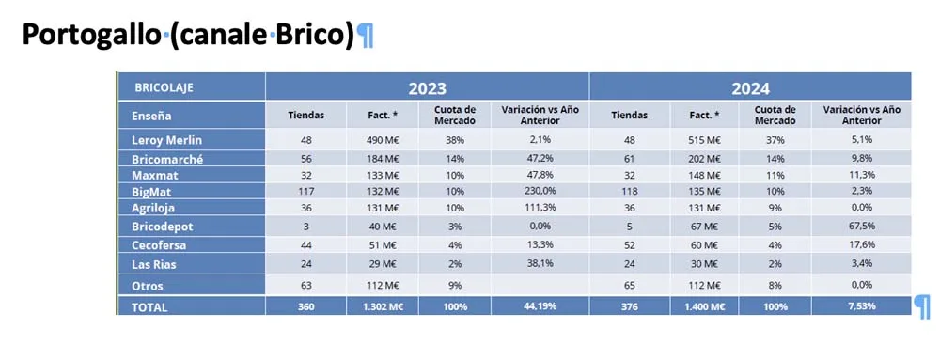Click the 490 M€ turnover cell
click(x=384, y=140)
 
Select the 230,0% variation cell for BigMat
click(x=540, y=191)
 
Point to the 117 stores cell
click(x=306, y=191)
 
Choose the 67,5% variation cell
click(x=861, y=227)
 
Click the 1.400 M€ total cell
click(x=705, y=306)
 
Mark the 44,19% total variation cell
click(x=540, y=306)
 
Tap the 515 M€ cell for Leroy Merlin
click(x=705, y=140)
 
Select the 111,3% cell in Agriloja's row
click(x=540, y=207)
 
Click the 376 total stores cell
click(x=629, y=306)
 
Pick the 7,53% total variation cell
click(x=861, y=306)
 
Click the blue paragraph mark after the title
click(x=365, y=36)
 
